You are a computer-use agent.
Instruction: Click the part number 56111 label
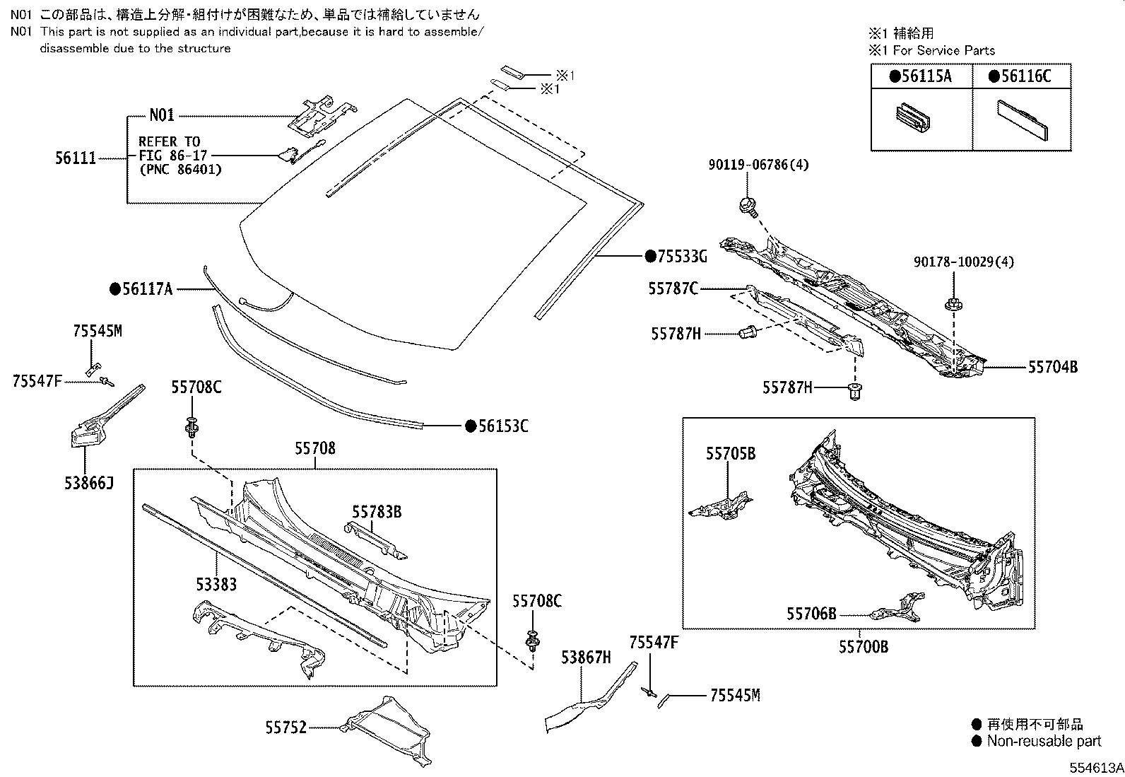click(x=75, y=159)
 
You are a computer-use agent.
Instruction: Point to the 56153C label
click(x=502, y=426)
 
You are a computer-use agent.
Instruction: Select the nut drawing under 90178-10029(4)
click(x=951, y=305)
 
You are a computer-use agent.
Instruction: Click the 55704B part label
click(x=1053, y=367)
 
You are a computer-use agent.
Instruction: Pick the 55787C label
click(x=673, y=288)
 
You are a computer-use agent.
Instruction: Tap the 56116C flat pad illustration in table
click(x=1022, y=119)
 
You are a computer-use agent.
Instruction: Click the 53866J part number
click(x=89, y=483)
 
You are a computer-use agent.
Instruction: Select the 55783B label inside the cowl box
click(x=377, y=511)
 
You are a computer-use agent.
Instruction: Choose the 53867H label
click(x=586, y=658)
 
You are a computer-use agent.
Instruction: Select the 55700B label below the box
click(x=864, y=646)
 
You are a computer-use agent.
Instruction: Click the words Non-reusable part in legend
click(x=1044, y=741)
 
